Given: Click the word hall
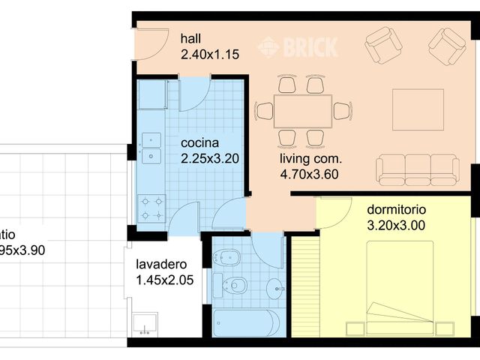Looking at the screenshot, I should point(190,39).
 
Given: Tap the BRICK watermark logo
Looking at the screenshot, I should point(297,47).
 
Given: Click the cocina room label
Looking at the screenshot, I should point(200,142).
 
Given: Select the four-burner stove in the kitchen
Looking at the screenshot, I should point(152,208).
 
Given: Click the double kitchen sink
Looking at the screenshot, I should point(152,147).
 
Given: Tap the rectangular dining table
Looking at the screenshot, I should point(303,111).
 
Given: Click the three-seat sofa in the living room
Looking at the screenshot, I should point(418,170).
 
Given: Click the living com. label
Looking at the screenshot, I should point(310,159).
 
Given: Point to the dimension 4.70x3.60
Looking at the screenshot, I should point(310,174).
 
